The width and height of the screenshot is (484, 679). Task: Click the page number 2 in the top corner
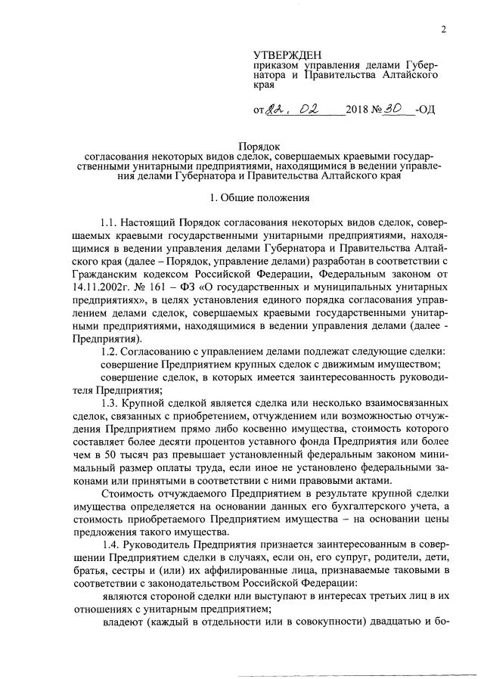(x=444, y=30)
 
